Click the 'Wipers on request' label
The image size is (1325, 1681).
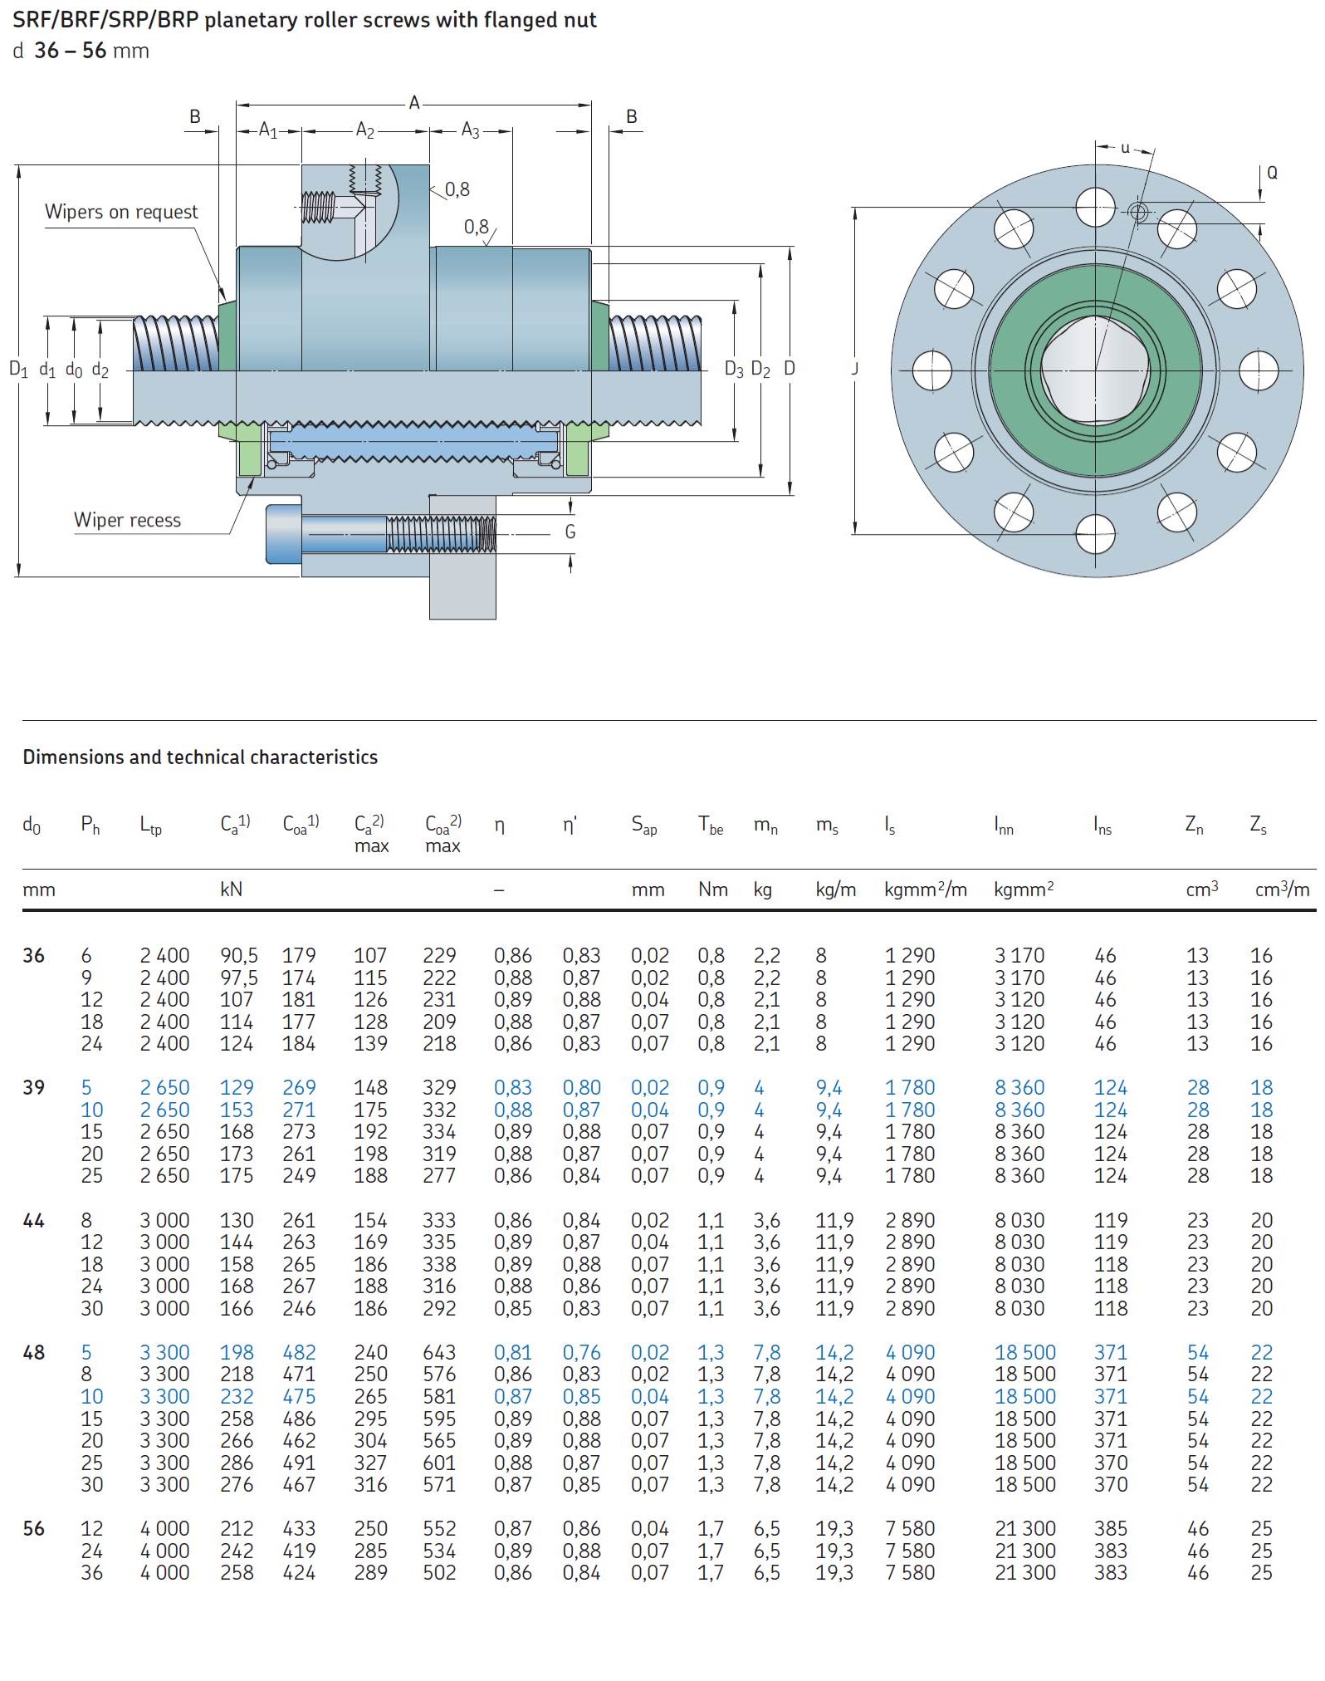121,212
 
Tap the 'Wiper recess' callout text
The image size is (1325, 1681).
127,520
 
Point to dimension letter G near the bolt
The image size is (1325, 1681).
570,532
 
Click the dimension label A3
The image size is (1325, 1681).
471,130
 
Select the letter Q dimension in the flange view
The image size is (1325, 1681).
1272,173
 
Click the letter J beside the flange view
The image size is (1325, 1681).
854,368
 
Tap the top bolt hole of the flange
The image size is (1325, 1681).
1095,207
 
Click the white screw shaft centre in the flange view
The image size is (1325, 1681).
1095,370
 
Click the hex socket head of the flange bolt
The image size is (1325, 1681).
283,533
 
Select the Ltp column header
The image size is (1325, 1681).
151,826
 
